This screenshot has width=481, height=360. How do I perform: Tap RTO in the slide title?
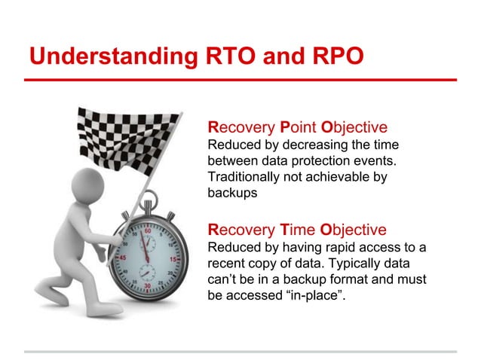[219, 56]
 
